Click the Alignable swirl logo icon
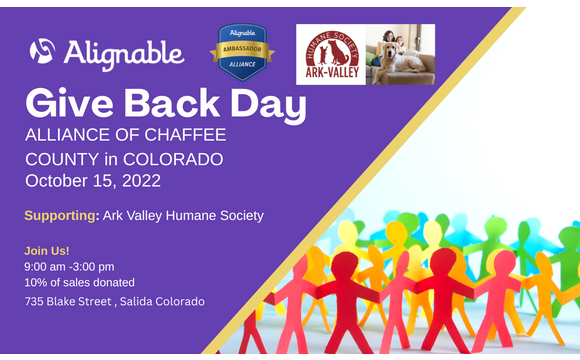[42, 51]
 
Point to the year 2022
[138, 181]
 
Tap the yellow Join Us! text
[47, 250]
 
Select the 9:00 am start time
[45, 267]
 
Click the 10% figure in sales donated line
[36, 283]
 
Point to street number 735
[35, 301]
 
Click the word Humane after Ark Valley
[195, 215]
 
